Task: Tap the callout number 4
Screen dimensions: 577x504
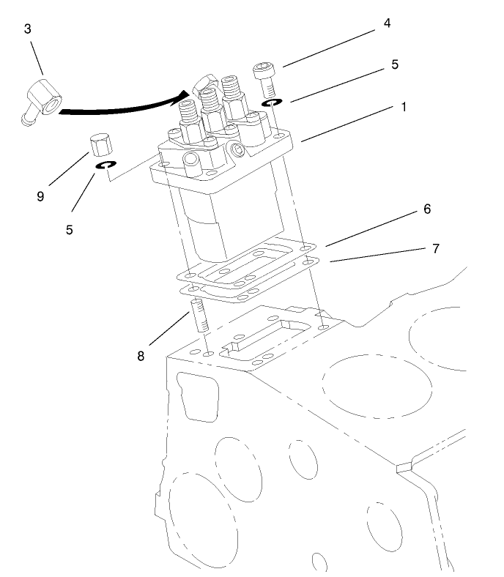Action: pos(387,23)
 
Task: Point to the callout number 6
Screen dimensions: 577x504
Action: pos(426,209)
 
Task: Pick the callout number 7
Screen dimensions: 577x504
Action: pos(435,248)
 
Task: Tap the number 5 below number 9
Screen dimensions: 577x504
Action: pos(70,229)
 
